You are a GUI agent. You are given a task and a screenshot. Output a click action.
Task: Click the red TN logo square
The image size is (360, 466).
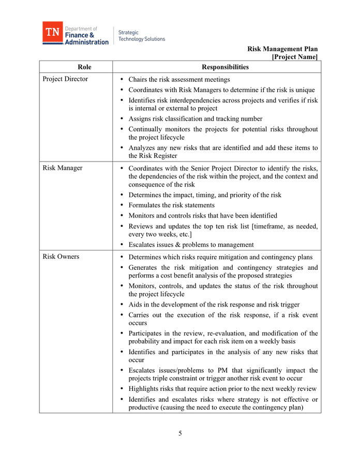pos(52,32)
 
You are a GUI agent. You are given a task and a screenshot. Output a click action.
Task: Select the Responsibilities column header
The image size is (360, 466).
pos(225,67)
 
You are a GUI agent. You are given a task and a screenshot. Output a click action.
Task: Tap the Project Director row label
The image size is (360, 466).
pos(65,79)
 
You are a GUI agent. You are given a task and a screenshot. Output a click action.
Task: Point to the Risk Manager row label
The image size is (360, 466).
pos(63,168)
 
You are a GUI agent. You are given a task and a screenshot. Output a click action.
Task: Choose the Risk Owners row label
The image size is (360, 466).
pos(61,257)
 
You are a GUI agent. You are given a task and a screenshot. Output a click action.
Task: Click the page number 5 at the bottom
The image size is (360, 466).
pos(180,433)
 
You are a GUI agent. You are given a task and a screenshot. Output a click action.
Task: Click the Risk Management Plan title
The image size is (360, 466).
pos(282,49)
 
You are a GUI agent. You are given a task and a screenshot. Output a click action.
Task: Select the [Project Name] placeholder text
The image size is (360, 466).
pos(294,57)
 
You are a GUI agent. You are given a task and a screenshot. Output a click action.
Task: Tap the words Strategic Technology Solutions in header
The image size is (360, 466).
pos(141,36)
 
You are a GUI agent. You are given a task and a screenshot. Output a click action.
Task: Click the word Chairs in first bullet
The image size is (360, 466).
pos(139,80)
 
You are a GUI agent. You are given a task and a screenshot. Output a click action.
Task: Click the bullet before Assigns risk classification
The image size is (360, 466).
pos(121,119)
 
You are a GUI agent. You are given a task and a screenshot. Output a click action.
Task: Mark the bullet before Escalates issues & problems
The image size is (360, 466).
pos(121,245)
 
